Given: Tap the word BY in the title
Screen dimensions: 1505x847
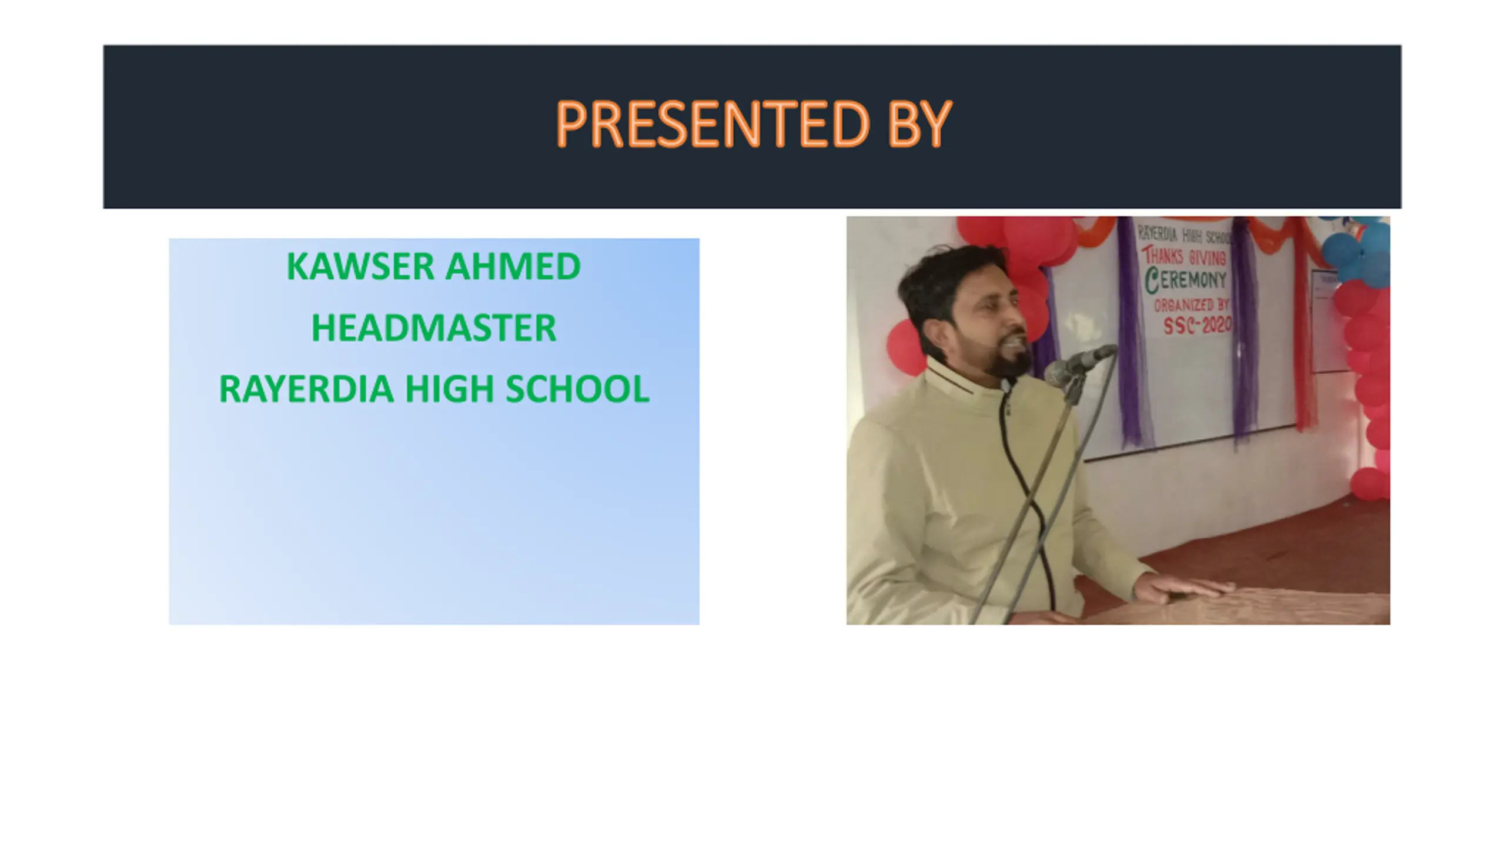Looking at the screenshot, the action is click(x=920, y=124).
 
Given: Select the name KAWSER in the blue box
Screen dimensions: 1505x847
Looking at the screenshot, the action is click(x=360, y=266).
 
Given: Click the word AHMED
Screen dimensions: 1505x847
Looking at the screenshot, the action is click(x=513, y=266).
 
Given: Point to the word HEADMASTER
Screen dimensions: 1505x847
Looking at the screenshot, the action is click(x=434, y=328).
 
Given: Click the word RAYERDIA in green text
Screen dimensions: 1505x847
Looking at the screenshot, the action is click(x=306, y=389).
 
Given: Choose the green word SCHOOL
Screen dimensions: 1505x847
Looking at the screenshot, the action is click(x=577, y=389).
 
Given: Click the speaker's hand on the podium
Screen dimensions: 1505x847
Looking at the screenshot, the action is click(x=1182, y=588).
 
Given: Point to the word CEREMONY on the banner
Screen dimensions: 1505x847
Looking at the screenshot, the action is click(x=1185, y=280).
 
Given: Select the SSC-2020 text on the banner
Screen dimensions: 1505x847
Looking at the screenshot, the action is click(x=1197, y=324).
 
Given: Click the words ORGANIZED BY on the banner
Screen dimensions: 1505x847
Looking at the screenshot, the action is click(x=1192, y=305).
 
